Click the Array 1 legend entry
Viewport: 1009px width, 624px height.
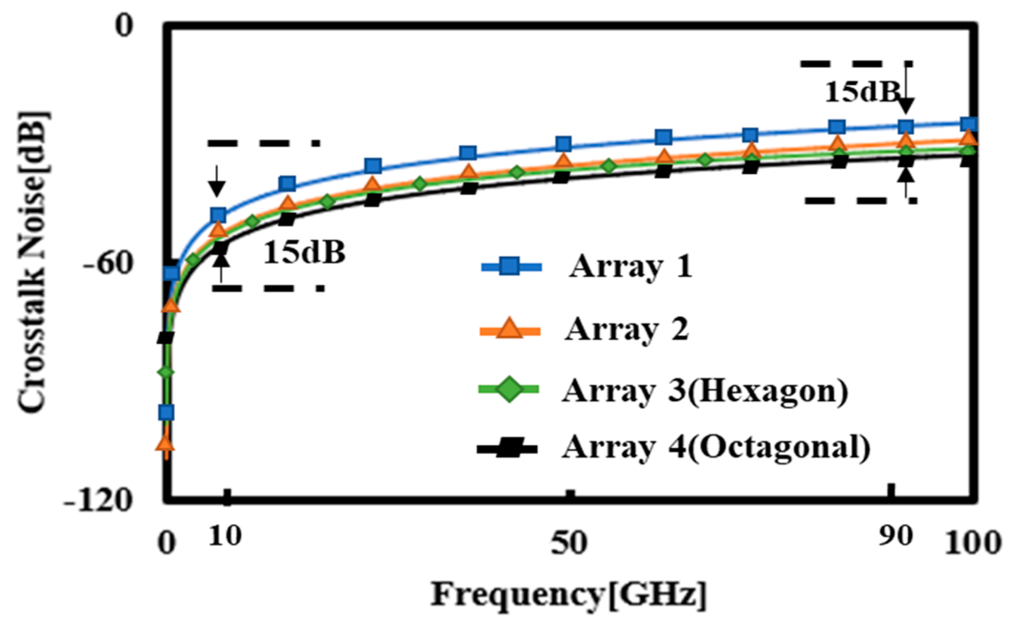click(x=630, y=266)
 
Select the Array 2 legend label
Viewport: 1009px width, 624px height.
click(x=626, y=329)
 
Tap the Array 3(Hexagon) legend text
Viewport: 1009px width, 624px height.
click(x=705, y=391)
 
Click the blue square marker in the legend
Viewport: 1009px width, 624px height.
click(x=511, y=266)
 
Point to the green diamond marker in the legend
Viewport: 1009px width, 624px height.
click(x=509, y=390)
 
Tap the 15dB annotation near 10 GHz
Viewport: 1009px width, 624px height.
click(x=304, y=252)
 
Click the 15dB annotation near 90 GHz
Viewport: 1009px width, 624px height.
click(x=862, y=92)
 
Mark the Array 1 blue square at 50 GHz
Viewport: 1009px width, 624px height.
click(x=563, y=144)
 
